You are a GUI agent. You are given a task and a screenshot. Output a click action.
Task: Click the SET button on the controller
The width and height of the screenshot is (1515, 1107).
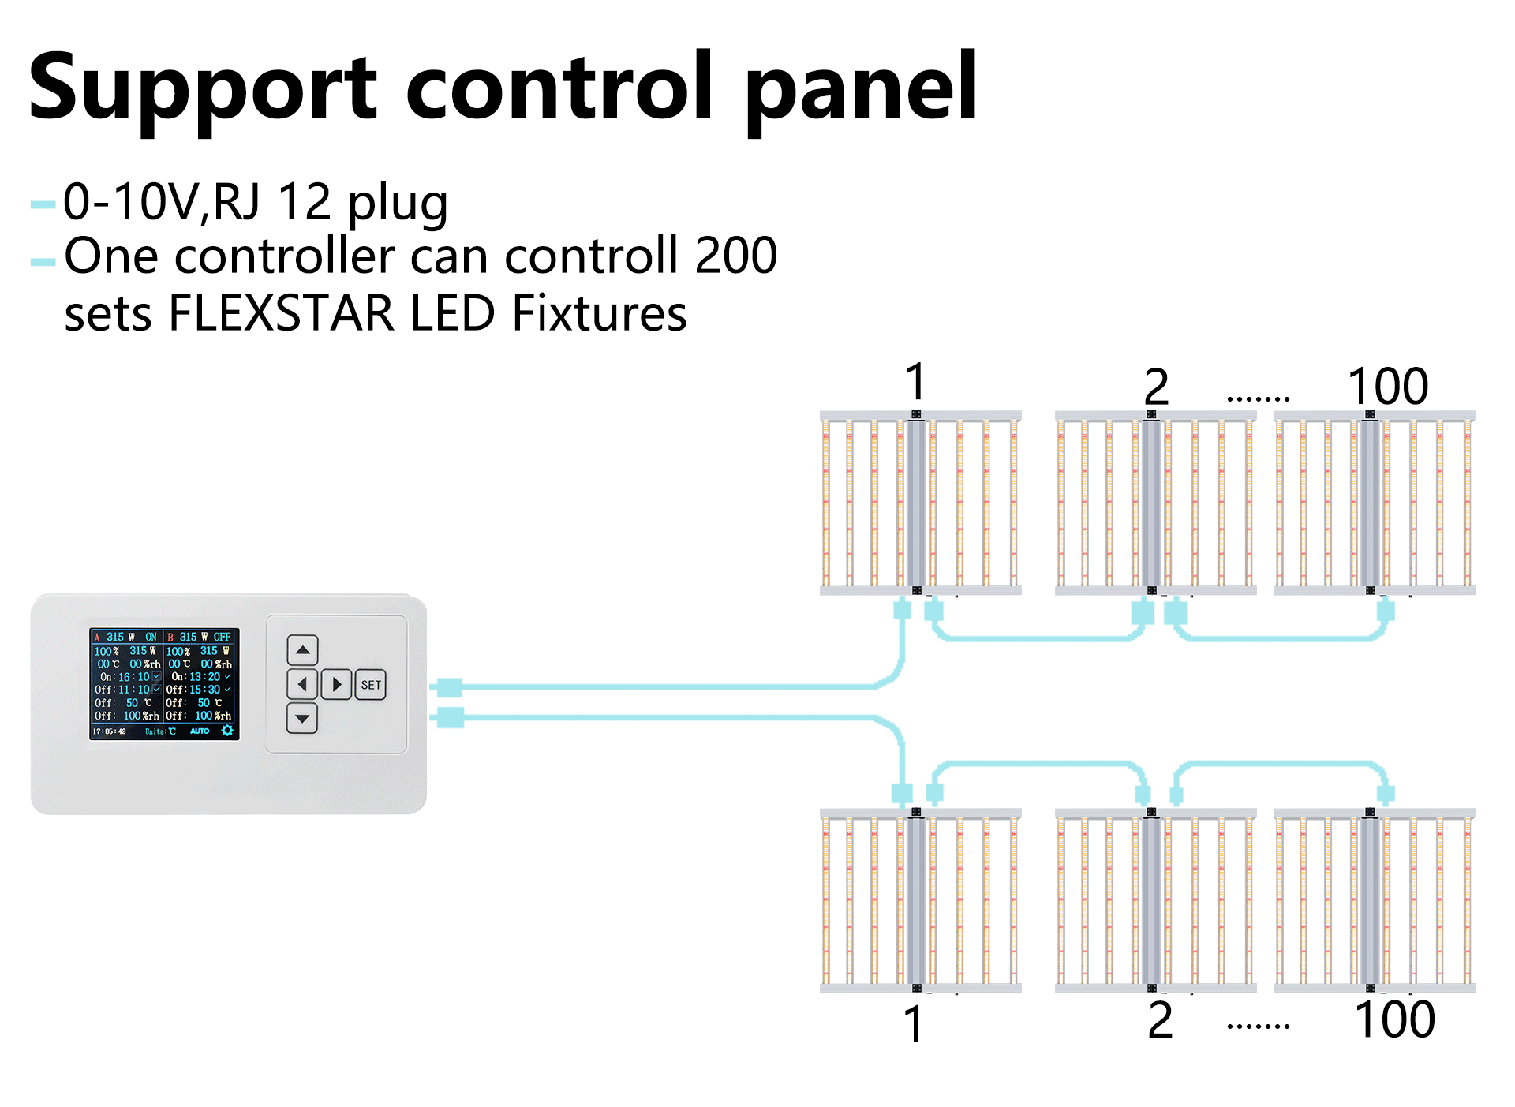coord(371,685)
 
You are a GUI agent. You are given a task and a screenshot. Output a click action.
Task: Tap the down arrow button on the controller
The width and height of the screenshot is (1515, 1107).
coord(302,719)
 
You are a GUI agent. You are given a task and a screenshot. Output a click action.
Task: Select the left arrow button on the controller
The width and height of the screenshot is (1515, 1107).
coord(302,684)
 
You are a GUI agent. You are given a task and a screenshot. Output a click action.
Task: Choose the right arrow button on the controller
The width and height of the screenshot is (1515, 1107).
coord(337,684)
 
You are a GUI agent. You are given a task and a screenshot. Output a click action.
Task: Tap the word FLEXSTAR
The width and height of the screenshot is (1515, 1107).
coord(281,313)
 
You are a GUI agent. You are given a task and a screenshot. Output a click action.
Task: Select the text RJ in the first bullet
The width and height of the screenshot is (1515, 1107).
coord(237,202)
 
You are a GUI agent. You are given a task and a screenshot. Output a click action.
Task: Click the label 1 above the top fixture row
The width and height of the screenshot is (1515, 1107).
coord(915,383)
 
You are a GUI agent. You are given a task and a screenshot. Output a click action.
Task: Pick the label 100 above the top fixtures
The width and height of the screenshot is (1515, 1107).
coord(1388,387)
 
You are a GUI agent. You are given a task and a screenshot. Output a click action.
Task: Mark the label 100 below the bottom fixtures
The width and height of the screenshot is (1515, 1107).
coord(1394,1019)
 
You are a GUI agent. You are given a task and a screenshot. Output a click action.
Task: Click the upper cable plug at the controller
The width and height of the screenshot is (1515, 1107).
coord(449,687)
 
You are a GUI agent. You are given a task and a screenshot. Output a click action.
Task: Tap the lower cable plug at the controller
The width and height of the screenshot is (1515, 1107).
coord(450,717)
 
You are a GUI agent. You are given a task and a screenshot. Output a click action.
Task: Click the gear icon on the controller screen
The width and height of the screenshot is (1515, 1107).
coord(227,731)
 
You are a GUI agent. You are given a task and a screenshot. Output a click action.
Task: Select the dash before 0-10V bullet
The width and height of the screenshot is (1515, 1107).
coord(43,206)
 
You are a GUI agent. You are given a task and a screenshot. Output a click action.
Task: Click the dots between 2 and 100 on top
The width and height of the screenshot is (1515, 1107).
coord(1258,399)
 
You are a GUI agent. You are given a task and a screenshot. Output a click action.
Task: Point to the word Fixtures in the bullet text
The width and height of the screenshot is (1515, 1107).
coord(600,313)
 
